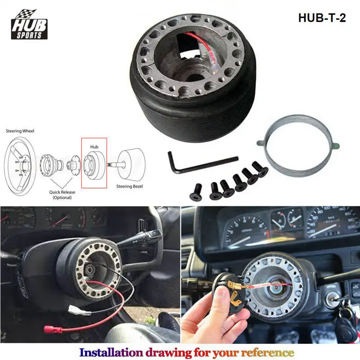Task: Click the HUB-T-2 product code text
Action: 322,18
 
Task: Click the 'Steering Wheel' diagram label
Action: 20,131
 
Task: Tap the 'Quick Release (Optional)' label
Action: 63,194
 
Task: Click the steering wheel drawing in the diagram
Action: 20,162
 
